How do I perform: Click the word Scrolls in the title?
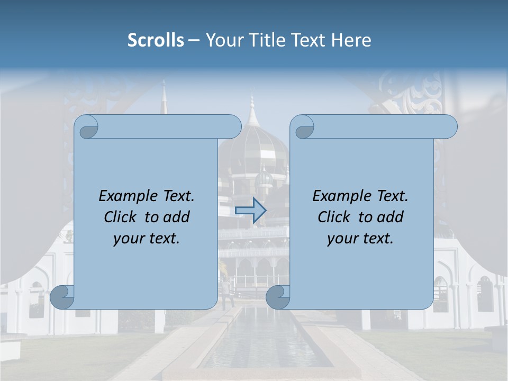pos(156,40)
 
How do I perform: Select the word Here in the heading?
pos(351,40)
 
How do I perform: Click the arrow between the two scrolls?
pos(250,210)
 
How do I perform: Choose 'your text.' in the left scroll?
pos(147,239)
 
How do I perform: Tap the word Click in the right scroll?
pos(333,217)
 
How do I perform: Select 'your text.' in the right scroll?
pos(360,239)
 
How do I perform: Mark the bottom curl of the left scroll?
pos(62,297)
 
